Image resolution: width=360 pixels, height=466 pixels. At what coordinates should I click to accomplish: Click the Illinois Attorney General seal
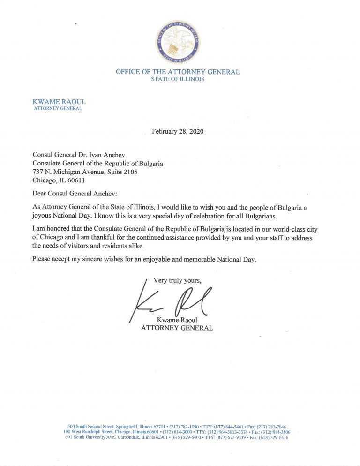point(178,42)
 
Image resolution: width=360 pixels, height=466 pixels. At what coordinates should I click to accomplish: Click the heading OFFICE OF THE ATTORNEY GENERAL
point(178,72)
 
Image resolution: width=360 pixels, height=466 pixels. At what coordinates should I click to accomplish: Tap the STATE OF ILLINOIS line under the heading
point(178,79)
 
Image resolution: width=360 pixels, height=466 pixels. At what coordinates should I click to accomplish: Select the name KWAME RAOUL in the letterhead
point(59,102)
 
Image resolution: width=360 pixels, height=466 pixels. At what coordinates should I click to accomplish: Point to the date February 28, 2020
point(178,131)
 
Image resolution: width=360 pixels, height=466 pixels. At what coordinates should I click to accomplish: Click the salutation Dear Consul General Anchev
point(79,194)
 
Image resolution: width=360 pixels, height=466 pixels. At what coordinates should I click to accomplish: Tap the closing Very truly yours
point(177,281)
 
